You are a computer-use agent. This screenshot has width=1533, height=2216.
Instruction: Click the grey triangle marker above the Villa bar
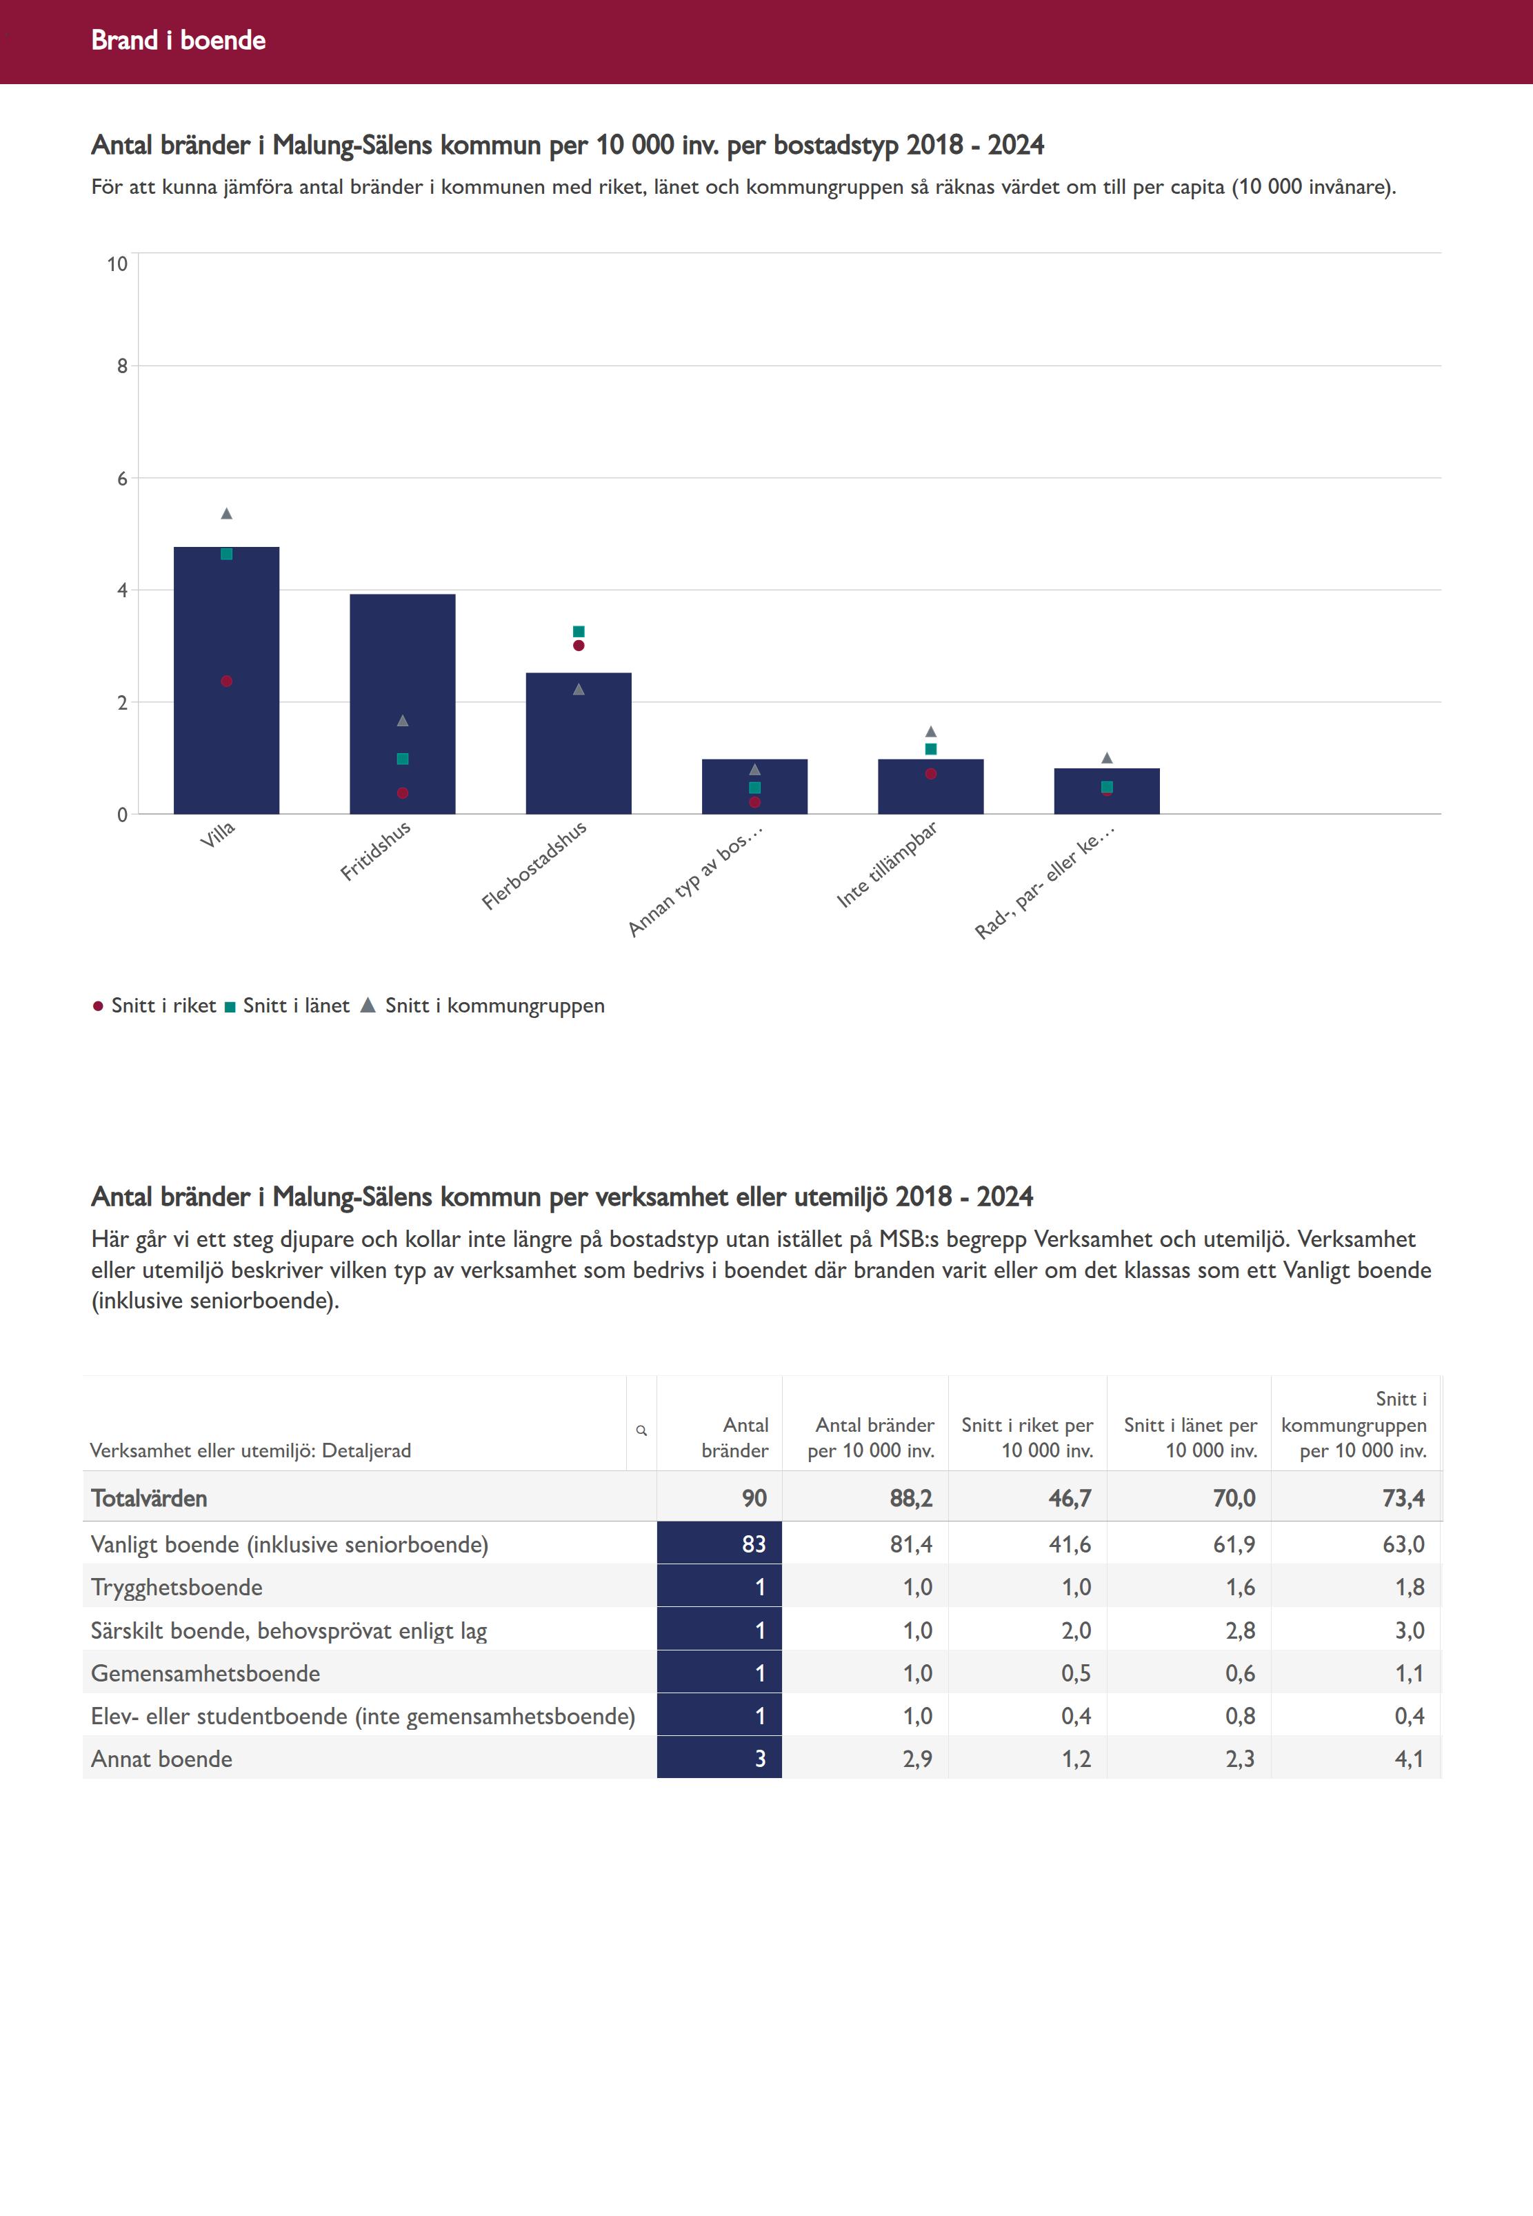227,514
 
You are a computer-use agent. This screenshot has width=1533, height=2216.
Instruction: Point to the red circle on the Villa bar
227,681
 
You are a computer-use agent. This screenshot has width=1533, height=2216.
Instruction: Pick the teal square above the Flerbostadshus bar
578,631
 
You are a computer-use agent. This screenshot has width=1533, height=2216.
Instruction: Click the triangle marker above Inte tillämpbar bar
931,732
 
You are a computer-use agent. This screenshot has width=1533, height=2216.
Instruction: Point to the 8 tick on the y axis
122,366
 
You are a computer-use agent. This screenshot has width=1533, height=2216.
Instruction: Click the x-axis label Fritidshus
376,850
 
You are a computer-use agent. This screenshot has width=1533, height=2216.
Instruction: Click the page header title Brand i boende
179,40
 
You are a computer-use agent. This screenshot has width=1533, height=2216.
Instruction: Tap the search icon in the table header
641,1430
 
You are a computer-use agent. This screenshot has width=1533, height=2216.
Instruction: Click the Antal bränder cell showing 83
719,1544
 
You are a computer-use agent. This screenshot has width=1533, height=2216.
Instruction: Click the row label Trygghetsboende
177,1587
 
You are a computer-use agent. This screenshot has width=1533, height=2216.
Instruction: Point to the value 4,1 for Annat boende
1408,1759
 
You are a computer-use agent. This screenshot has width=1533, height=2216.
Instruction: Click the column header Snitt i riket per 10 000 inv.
1027,1437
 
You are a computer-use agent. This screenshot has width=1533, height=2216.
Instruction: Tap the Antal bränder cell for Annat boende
719,1759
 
